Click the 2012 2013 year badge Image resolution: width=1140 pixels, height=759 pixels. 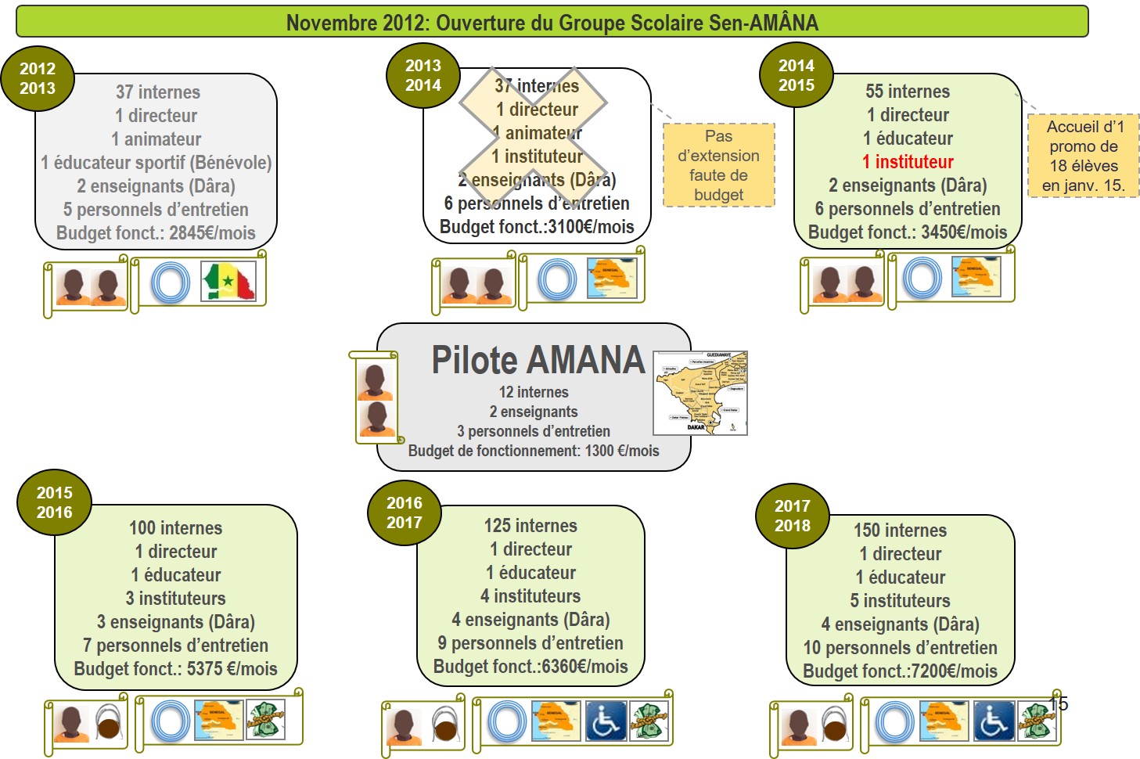coord(38,79)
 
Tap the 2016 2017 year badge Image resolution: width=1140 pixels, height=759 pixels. coord(404,513)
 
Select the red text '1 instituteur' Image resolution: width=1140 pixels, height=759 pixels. coord(908,162)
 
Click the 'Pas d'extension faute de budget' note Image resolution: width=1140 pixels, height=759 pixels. coord(718,165)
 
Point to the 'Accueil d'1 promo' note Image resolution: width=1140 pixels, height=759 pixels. coord(1084,156)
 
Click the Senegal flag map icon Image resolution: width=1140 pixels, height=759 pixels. coord(228,282)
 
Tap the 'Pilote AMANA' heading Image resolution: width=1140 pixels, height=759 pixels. coord(538,361)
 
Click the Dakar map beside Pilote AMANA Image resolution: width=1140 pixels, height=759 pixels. coord(700,393)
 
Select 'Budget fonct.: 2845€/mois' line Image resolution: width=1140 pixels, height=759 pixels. coord(156,233)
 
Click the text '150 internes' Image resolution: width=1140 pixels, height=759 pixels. coord(900,531)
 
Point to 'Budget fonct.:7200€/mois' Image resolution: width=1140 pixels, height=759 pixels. coord(900,671)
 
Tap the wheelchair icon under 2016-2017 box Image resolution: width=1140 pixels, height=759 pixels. coord(606,721)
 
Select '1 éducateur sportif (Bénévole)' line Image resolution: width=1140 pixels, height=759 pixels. coord(156,163)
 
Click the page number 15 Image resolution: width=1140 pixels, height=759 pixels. coord(1059,703)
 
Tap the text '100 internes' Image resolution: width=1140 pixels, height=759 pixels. coord(175,528)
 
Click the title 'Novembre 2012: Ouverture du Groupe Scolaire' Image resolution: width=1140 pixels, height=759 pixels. coord(552,23)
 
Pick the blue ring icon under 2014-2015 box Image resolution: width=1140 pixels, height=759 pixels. coord(922,278)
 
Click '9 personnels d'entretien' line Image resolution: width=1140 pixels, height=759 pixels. coord(530,643)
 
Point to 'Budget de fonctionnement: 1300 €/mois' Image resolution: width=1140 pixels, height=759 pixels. coord(534,451)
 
